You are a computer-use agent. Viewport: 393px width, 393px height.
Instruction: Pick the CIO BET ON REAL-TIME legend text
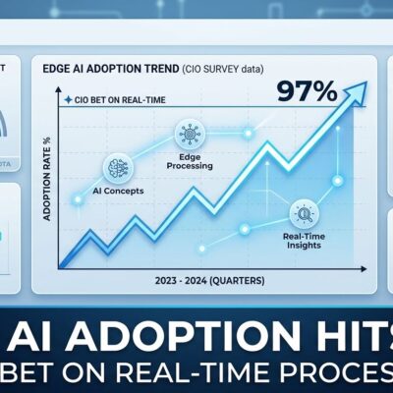point(109,100)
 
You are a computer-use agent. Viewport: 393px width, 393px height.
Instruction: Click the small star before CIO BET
point(66,100)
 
